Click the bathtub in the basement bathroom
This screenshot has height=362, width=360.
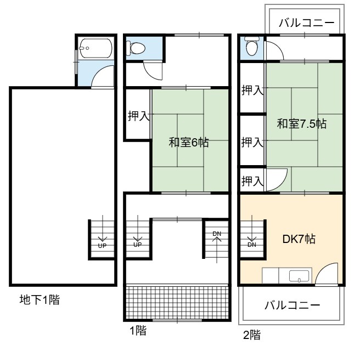click(96, 48)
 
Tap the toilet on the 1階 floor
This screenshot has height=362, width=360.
click(136, 48)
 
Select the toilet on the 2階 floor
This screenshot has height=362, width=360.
click(251, 47)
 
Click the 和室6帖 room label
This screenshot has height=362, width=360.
click(189, 142)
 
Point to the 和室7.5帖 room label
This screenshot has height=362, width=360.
click(302, 123)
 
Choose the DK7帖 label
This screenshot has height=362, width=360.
click(299, 239)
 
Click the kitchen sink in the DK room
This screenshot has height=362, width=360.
click(299, 276)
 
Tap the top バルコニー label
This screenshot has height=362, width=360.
click(307, 23)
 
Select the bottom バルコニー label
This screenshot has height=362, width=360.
click(292, 305)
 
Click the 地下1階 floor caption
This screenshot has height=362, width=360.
click(40, 300)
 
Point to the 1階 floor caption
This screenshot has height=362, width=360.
click(138, 331)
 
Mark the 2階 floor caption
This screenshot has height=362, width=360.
click(252, 335)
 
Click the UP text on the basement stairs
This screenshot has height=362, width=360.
click(102, 246)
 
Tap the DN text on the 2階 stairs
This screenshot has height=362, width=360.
click(252, 245)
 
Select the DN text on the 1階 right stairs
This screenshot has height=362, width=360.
click(217, 234)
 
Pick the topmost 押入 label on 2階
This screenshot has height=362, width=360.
click(252, 90)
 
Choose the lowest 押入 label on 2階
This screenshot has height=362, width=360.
click(252, 181)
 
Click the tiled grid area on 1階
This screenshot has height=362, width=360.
click(177, 302)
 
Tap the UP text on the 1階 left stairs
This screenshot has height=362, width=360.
click(138, 245)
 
